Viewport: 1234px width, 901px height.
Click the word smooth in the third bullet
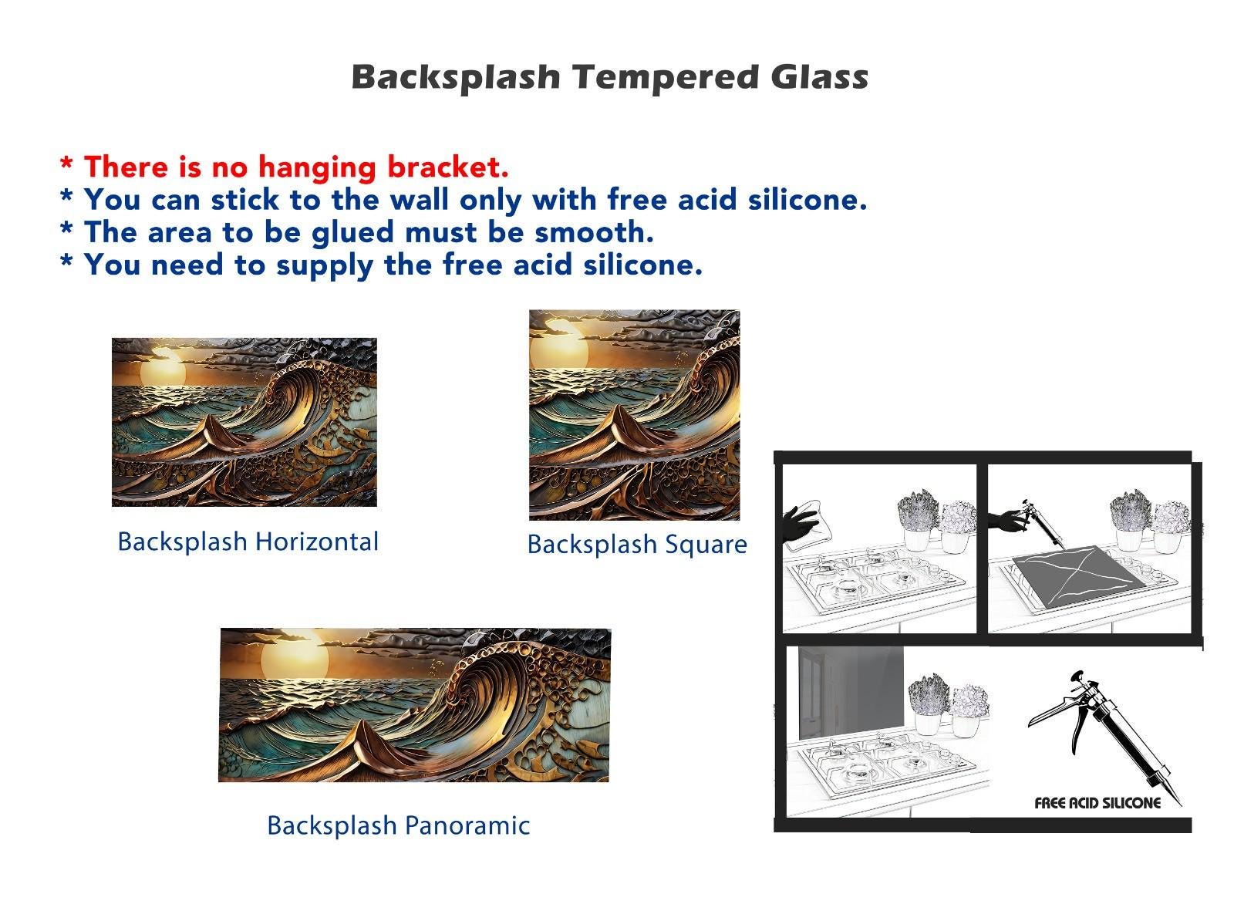(x=595, y=232)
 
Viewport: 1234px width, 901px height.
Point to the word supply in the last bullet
(x=325, y=266)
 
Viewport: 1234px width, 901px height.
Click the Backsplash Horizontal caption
(x=248, y=542)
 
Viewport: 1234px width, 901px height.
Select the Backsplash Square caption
(x=637, y=545)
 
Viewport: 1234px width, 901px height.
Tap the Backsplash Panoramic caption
(x=398, y=826)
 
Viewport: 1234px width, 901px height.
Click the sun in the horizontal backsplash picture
(x=163, y=370)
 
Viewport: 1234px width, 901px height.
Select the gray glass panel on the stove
(x=1081, y=576)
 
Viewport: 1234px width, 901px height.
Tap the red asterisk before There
(x=66, y=163)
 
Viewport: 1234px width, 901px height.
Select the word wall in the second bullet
(x=419, y=199)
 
